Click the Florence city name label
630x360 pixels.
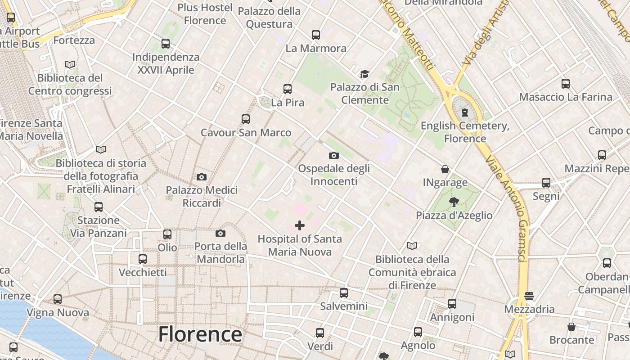click(200, 334)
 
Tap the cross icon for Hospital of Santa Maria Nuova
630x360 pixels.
click(300, 225)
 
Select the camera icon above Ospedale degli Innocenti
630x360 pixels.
click(333, 155)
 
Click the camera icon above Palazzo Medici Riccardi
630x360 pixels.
click(202, 177)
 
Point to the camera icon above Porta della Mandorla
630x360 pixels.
click(220, 233)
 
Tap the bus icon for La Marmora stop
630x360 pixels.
click(316, 35)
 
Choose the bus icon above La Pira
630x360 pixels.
click(288, 89)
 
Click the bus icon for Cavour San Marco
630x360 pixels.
click(246, 119)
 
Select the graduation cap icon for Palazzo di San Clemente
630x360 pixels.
click(364, 74)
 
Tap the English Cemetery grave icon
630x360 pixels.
click(465, 112)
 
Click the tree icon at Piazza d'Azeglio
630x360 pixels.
click(454, 202)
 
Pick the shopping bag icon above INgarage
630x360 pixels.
click(445, 169)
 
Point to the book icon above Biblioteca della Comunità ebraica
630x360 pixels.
click(412, 246)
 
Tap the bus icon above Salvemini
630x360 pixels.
click(344, 293)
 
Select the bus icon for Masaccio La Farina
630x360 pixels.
click(566, 84)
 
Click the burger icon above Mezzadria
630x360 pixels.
click(529, 296)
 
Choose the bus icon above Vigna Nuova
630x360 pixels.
click(58, 299)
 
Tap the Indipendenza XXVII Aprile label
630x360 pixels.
click(166, 63)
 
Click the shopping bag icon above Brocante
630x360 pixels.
click(571, 327)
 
